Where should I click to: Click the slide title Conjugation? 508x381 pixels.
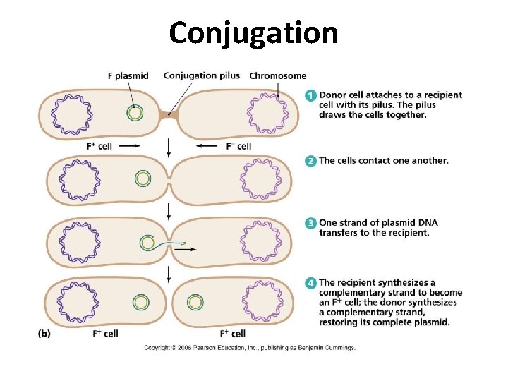[x=253, y=32]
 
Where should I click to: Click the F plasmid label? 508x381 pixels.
[x=128, y=76]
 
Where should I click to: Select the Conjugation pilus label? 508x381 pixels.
[x=201, y=75]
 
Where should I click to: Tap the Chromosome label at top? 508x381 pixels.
[x=278, y=76]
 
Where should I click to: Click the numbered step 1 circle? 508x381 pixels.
[x=311, y=95]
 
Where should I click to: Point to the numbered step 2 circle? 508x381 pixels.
[x=311, y=161]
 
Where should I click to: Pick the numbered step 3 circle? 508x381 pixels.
[x=311, y=223]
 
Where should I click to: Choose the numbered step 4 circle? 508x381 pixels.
[x=311, y=284]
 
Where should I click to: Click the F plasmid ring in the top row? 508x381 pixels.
[x=134, y=112]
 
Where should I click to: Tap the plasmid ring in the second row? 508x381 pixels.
[x=143, y=179]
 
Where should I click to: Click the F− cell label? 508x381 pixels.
[x=238, y=146]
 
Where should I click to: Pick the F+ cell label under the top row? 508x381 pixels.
[x=99, y=146]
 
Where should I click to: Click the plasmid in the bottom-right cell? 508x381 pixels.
[x=196, y=303]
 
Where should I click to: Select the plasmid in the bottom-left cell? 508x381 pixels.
[x=142, y=303]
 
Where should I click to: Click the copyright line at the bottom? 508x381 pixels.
[x=250, y=348]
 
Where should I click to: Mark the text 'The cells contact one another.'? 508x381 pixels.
[x=383, y=161]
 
